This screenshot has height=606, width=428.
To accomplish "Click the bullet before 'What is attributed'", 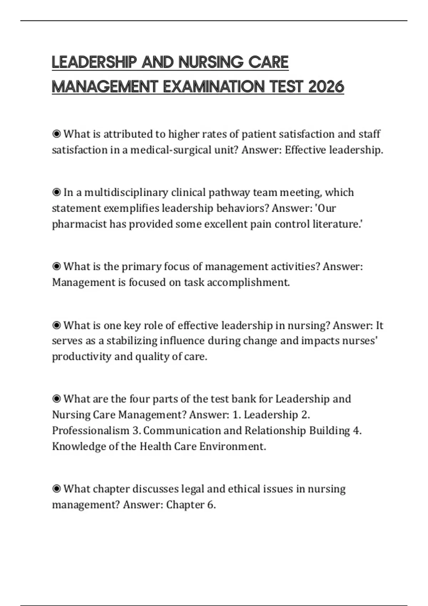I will pyautogui.click(x=56, y=134).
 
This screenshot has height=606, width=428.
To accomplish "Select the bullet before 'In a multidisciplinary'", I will pyautogui.click(x=56, y=192).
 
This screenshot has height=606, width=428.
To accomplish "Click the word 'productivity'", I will pyautogui.click(x=82, y=357).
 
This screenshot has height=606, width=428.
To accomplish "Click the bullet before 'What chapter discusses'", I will pyautogui.click(x=56, y=489).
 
